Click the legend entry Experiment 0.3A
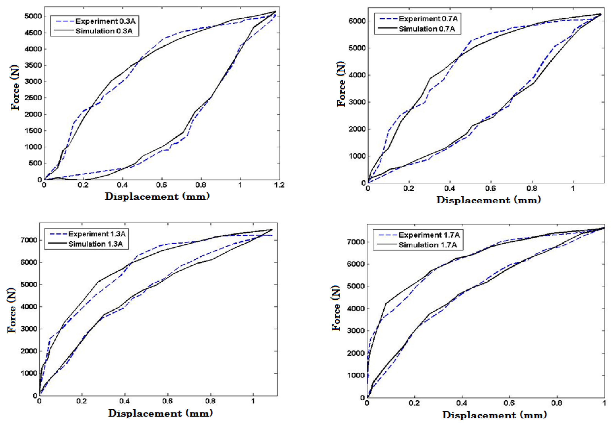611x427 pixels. point(105,21)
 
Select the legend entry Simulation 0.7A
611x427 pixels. point(426,29)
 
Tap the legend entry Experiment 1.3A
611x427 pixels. point(97,234)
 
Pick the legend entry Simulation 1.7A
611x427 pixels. point(427,245)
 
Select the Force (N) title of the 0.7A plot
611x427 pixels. point(341,84)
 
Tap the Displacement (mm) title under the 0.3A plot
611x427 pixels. point(157,196)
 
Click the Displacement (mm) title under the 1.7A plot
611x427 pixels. point(494,415)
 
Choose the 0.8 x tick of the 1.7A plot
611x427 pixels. point(557,403)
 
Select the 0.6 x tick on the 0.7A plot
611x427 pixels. point(490,188)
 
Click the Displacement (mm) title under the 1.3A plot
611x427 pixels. point(161,413)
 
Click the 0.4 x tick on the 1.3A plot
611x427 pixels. point(124,401)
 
